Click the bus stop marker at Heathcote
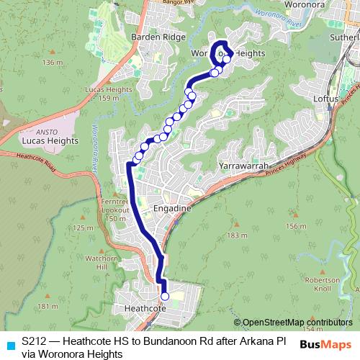pos(165,296)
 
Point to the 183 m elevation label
pos(236,235)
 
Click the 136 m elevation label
pos(53,63)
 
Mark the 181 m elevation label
pos(48,307)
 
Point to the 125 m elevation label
pos(84,228)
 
